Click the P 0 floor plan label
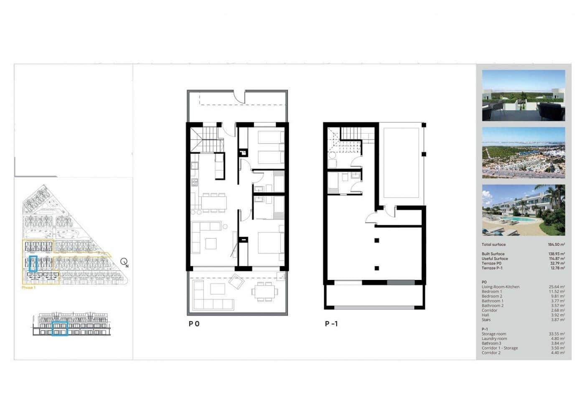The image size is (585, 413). pos(194,324)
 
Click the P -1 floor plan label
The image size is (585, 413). pos(331,324)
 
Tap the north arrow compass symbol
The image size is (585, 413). pos(124,262)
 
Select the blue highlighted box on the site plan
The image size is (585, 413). pos(34,264)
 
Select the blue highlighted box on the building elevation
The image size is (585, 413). pos(60,329)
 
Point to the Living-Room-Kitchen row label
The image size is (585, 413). pos(501,287)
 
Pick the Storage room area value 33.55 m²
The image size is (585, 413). pos(557,334)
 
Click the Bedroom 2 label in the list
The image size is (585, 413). pos(492,296)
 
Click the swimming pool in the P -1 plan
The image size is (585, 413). pos(401,163)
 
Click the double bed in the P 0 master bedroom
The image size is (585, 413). pos(270,242)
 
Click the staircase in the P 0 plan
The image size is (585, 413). pos(205,140)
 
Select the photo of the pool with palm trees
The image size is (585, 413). pos(523,210)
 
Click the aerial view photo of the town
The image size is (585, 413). pos(523,153)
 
